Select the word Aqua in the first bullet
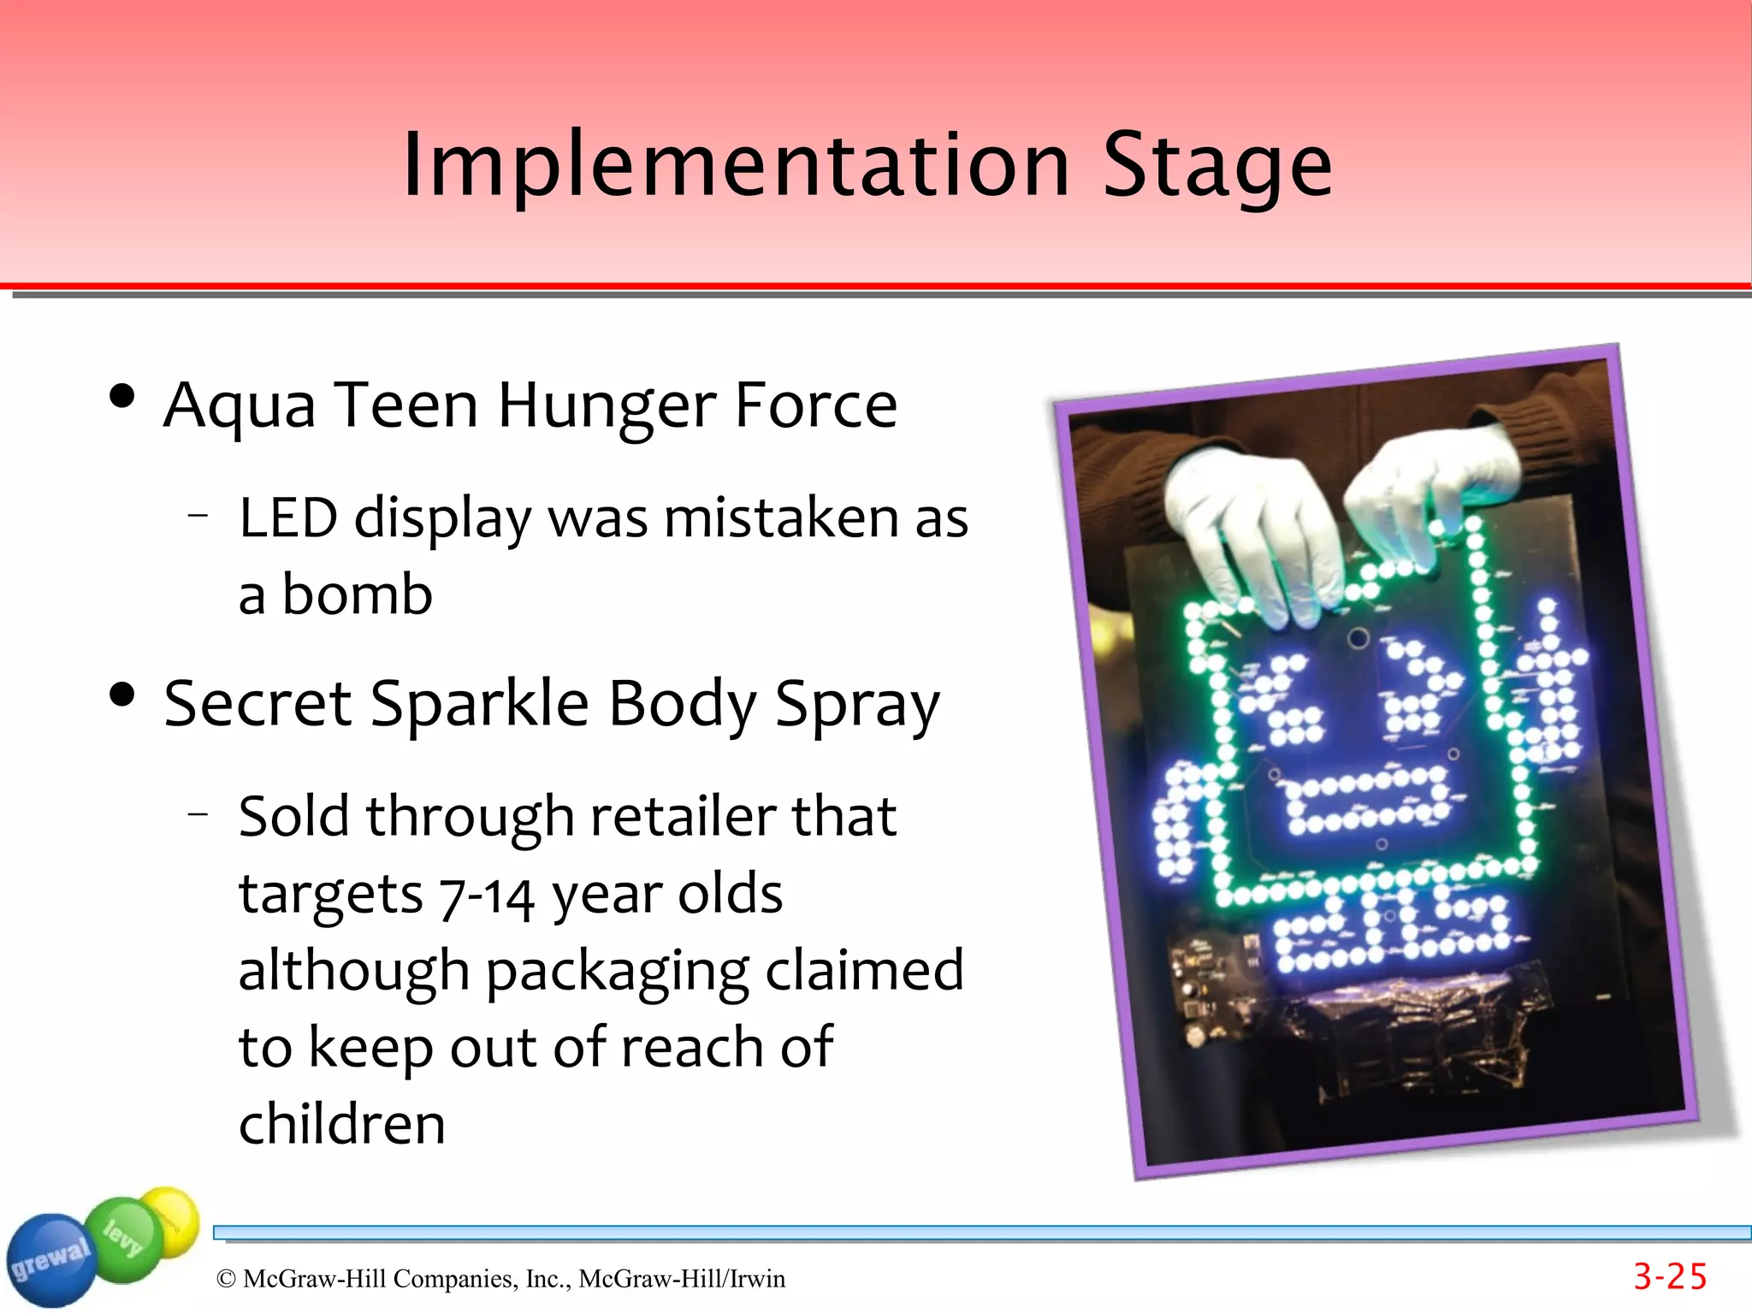pyautogui.click(x=240, y=406)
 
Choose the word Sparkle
pyautogui.click(x=479, y=704)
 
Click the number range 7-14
pyautogui.click(x=487, y=896)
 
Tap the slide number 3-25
pyautogui.click(x=1670, y=1277)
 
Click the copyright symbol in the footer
pyautogui.click(x=226, y=1279)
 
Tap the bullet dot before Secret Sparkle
pyautogui.click(x=122, y=695)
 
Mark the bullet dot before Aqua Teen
pyautogui.click(x=122, y=396)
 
